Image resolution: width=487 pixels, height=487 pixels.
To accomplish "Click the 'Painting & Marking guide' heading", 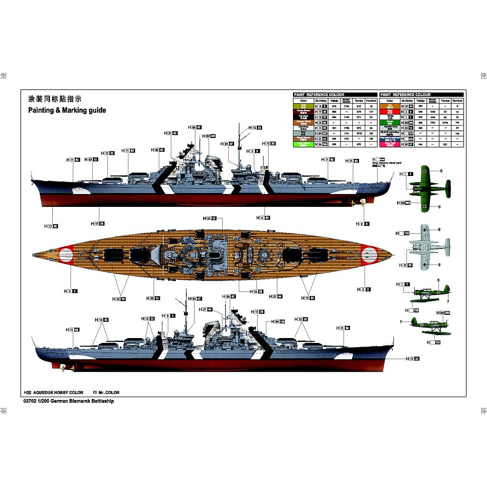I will pos(67,110).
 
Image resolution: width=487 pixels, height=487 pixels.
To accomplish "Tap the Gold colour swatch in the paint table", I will pos(303,106).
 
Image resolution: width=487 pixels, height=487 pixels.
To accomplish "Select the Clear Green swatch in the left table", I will pos(303,144).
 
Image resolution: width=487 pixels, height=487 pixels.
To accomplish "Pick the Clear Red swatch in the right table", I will pos(390,144).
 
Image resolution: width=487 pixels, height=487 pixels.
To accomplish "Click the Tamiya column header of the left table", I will pos(359,101).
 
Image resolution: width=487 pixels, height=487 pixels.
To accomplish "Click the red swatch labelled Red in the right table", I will pos(390,111).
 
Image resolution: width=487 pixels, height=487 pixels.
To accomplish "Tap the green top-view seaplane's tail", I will pos(447,189).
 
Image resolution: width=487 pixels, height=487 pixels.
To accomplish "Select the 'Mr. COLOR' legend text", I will pos(109,393).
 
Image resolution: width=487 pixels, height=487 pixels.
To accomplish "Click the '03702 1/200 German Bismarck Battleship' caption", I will pos(68,401).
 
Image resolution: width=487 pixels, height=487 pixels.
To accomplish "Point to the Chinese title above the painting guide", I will pos(55,99).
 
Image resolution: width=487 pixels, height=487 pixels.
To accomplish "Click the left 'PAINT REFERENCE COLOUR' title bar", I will pos(319,95).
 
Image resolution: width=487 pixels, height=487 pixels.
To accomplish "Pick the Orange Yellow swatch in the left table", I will pos(303,122).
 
